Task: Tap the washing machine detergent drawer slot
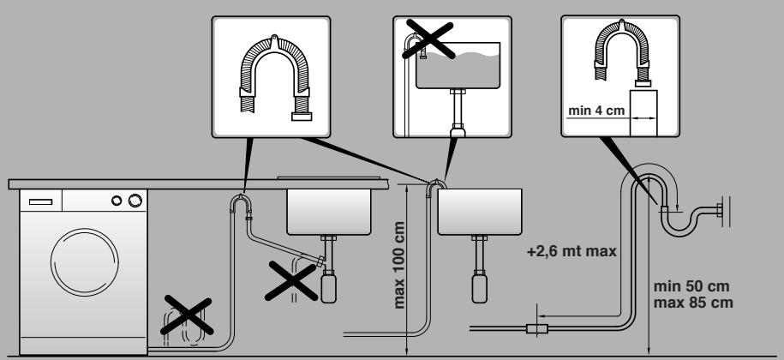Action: point(41,201)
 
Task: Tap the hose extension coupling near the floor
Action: point(538,327)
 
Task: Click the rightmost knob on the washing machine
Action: point(134,201)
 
